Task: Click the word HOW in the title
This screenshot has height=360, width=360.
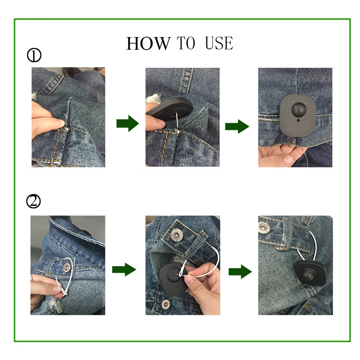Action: [x=148, y=43]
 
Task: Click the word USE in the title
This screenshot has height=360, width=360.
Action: [x=219, y=43]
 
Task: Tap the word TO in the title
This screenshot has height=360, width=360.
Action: [x=186, y=43]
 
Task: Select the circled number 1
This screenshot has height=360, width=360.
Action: [x=34, y=55]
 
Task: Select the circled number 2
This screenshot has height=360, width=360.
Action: [x=33, y=201]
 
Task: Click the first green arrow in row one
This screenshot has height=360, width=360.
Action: [x=128, y=123]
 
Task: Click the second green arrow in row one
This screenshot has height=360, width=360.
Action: [x=237, y=126]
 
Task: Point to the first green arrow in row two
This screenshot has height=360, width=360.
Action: [x=124, y=270]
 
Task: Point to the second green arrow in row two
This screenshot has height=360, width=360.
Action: [x=240, y=271]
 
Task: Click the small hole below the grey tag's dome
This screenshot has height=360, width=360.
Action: [x=298, y=120]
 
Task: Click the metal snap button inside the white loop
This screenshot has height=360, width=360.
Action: [x=67, y=267]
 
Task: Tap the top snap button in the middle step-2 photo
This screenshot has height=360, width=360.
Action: [x=177, y=235]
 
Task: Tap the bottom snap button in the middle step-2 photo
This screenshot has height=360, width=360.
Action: [x=166, y=304]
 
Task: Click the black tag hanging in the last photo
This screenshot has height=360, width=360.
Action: [x=310, y=273]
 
